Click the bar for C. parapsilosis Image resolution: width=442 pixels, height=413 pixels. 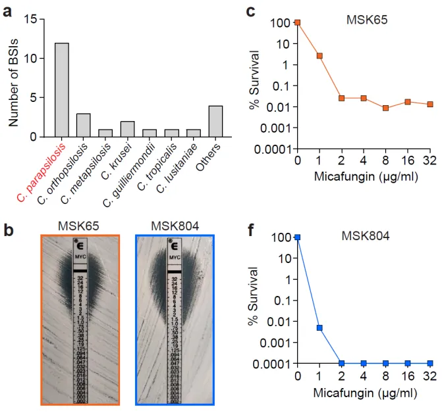pos(62,90)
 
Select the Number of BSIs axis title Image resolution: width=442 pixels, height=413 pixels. pos(14,78)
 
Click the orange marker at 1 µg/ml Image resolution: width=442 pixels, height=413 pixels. pos(319,56)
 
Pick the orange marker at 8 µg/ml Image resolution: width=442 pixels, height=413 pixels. pos(385,108)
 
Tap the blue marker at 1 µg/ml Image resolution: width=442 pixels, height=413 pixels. pos(319,328)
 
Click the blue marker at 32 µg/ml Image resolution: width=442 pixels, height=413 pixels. pos(429,363)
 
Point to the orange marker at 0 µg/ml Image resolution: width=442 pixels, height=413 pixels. pos(298,22)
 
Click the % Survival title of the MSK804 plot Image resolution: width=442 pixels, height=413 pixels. pos(254,303)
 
